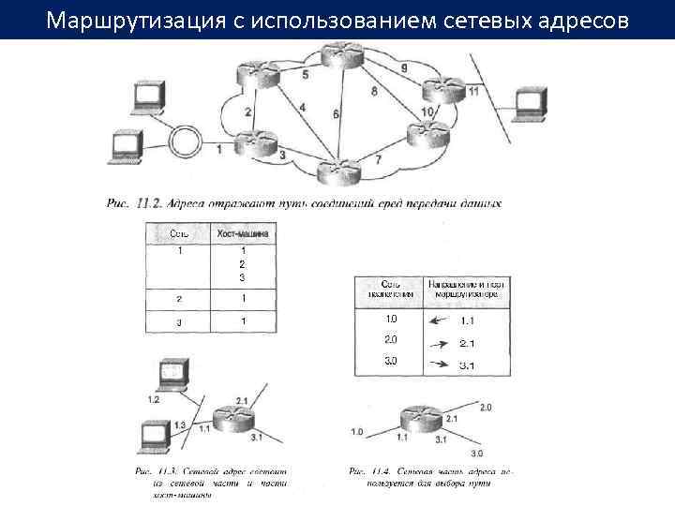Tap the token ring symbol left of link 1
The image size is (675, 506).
tap(186, 143)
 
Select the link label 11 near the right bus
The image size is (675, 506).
tap(473, 91)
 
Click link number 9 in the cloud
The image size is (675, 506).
tap(403, 68)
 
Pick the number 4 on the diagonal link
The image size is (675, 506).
tap(302, 108)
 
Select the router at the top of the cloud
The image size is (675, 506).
tap(340, 55)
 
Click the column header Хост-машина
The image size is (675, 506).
tap(244, 231)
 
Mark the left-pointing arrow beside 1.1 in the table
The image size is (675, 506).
tap(437, 320)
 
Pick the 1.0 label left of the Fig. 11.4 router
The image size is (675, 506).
tap(357, 432)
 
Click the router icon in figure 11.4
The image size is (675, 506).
tap(417, 420)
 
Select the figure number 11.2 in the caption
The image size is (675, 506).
tap(150, 201)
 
